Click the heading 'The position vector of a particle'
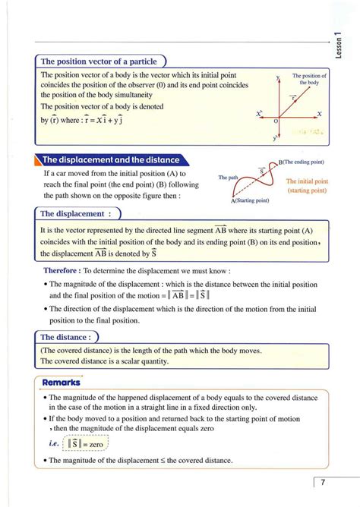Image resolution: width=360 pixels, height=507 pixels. click(x=99, y=61)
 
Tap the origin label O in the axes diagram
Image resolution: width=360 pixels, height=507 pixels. click(x=276, y=121)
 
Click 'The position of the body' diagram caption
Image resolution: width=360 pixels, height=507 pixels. click(x=309, y=79)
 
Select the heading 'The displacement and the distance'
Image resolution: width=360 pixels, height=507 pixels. click(x=110, y=160)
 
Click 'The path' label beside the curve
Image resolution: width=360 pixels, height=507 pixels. click(x=228, y=177)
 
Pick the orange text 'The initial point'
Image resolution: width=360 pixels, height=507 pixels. click(x=307, y=182)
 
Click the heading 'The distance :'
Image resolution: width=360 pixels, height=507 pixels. click(x=68, y=336)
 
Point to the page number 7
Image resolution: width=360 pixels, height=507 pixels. click(x=323, y=483)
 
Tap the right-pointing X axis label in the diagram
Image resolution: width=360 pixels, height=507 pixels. click(x=319, y=114)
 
